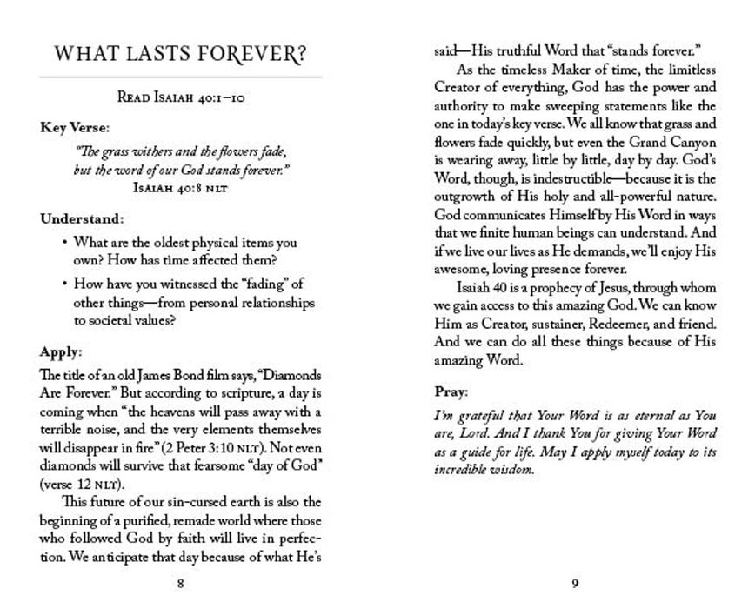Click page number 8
click(x=179, y=584)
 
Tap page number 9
click(x=575, y=584)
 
